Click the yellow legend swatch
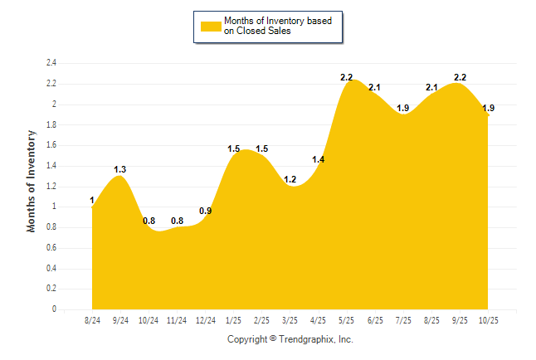coord(211,27)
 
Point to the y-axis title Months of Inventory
coord(32,180)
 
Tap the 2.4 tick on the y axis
coord(51,63)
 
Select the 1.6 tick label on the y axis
coord(51,145)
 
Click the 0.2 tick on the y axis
coord(51,289)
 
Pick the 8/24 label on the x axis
coord(92,320)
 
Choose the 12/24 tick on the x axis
coord(205,320)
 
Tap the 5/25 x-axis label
coord(347,320)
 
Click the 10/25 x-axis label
coord(488,320)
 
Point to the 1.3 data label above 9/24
coord(120,169)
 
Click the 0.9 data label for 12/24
coord(205,211)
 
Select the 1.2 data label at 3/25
coord(290,180)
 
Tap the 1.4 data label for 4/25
coord(319,159)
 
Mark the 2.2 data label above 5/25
coord(347,77)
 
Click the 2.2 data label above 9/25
coord(460,77)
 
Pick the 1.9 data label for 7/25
coord(403,108)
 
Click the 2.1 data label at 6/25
coord(375,87)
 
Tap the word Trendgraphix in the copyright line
coord(306,339)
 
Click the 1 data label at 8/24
coord(91,200)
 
